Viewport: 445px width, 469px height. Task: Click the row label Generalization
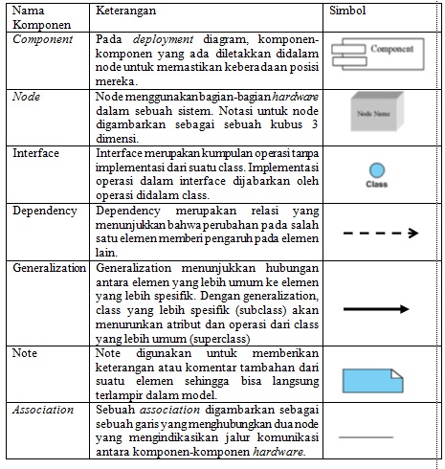tap(51, 269)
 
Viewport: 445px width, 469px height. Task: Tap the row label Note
tap(26, 353)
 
